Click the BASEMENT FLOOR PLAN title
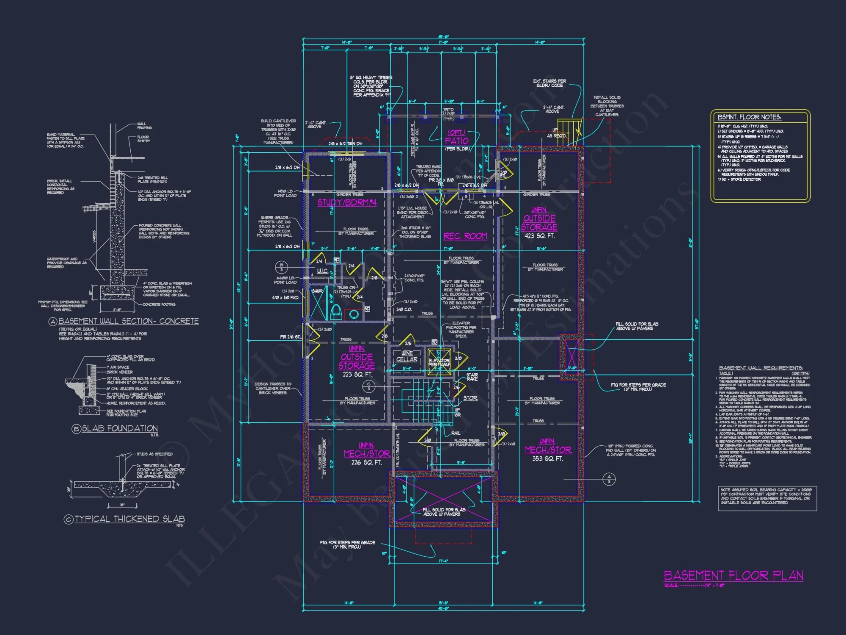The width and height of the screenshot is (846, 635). (733, 575)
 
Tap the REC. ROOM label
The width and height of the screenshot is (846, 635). (465, 236)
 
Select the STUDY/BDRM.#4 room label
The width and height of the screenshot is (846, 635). (347, 203)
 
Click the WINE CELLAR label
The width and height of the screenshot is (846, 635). (407, 356)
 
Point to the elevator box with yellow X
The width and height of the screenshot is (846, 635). (439, 362)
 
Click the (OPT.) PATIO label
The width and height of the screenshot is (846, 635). (456, 137)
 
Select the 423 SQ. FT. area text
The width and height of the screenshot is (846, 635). (539, 236)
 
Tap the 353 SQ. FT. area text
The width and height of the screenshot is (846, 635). (547, 458)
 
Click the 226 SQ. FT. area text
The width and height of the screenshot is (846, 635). (366, 463)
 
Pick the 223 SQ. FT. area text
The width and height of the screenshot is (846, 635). (357, 375)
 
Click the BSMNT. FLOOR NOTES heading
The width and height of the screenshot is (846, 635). (749, 117)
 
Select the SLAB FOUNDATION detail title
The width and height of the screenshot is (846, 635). (119, 428)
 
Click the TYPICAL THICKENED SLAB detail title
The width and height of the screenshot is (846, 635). (129, 519)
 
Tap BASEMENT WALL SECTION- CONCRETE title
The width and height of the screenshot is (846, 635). (128, 321)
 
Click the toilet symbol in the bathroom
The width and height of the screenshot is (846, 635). (336, 312)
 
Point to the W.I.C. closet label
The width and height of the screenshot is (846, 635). (322, 271)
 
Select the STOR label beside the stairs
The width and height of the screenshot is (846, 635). (470, 398)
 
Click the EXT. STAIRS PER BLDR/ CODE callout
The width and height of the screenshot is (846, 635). (549, 83)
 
